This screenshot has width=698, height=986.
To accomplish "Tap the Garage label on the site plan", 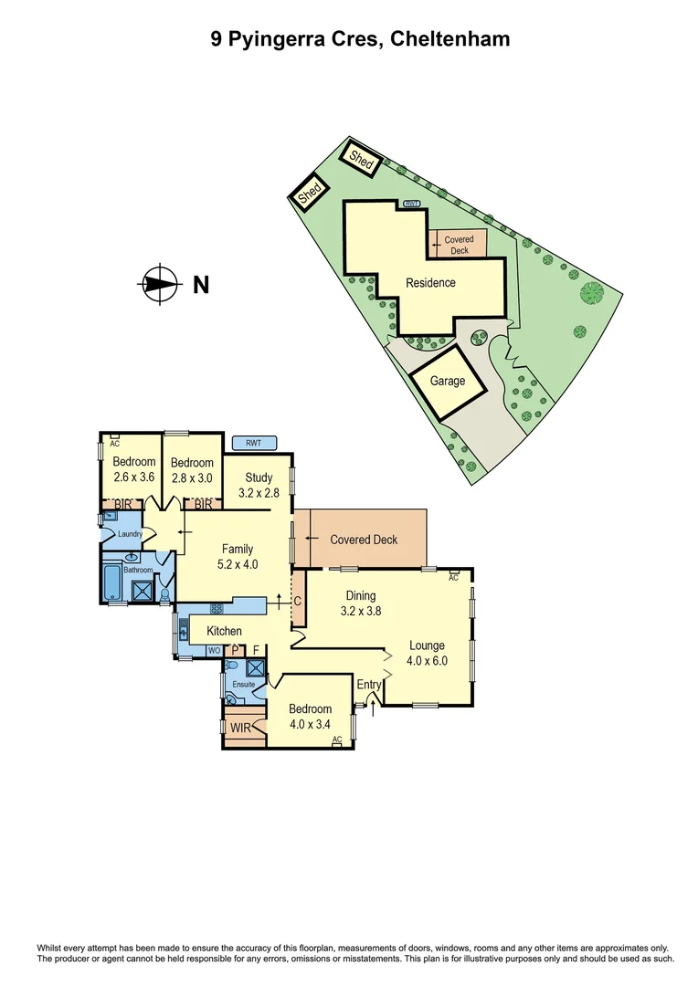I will click(448, 382).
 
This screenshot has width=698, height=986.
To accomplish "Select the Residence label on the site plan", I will click(430, 283).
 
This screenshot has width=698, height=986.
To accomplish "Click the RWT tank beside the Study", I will click(254, 443).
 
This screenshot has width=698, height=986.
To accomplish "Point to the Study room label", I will click(259, 477).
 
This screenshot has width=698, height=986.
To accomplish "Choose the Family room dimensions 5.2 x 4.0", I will click(238, 564).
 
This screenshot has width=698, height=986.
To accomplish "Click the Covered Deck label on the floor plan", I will click(364, 540).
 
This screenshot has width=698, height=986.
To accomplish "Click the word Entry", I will click(369, 685).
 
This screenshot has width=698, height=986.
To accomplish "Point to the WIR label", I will click(240, 729).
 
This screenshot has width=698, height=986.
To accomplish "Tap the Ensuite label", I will click(243, 684).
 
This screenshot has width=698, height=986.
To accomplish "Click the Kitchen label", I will click(225, 631).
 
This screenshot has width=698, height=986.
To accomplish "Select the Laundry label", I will click(129, 534).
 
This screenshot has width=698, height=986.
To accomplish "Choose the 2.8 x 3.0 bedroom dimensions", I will click(192, 477).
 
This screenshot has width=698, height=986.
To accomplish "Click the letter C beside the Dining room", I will click(298, 601).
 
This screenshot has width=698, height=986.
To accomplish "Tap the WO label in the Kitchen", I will click(213, 651).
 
